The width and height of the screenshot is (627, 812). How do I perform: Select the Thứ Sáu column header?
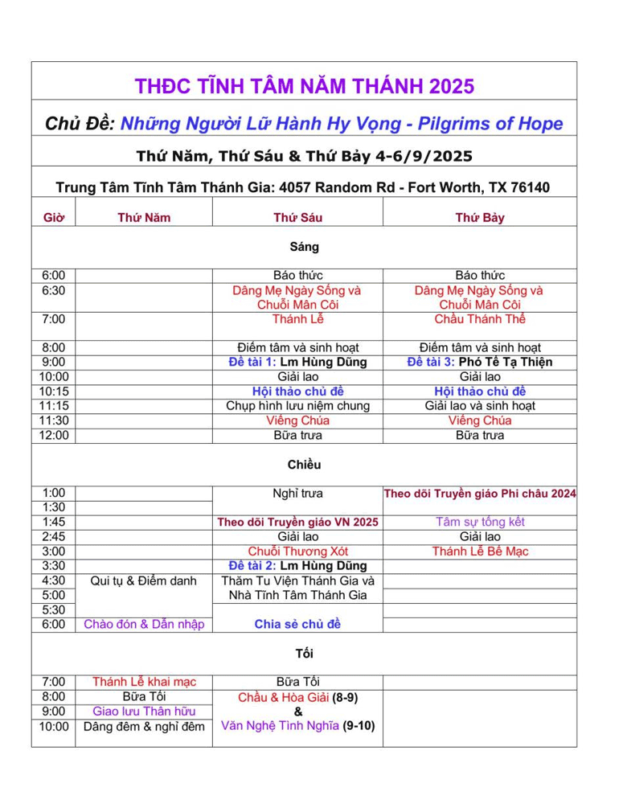coord(297,217)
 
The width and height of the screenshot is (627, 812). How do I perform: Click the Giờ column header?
coord(53,217)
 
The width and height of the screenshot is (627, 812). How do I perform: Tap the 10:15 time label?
coord(54,392)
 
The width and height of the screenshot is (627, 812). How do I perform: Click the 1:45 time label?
coord(53,522)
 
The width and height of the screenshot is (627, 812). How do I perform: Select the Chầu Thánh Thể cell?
coord(480,319)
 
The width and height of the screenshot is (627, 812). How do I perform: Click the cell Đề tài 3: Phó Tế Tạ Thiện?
coord(480,362)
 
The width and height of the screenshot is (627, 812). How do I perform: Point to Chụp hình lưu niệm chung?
coord(297,406)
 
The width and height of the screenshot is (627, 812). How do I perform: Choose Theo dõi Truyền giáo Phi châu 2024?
coord(480,493)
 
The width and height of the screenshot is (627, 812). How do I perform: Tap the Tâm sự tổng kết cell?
coord(480,522)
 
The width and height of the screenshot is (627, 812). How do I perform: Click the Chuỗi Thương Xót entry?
coord(297,552)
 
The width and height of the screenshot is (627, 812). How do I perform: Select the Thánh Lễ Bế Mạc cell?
coord(480,552)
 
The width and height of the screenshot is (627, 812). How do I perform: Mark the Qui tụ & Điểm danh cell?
coord(144,580)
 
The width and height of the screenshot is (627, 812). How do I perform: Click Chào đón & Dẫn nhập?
coord(144,624)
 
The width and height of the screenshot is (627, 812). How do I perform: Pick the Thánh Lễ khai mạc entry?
coord(144,683)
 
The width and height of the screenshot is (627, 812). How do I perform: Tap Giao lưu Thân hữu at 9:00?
coord(144,712)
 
